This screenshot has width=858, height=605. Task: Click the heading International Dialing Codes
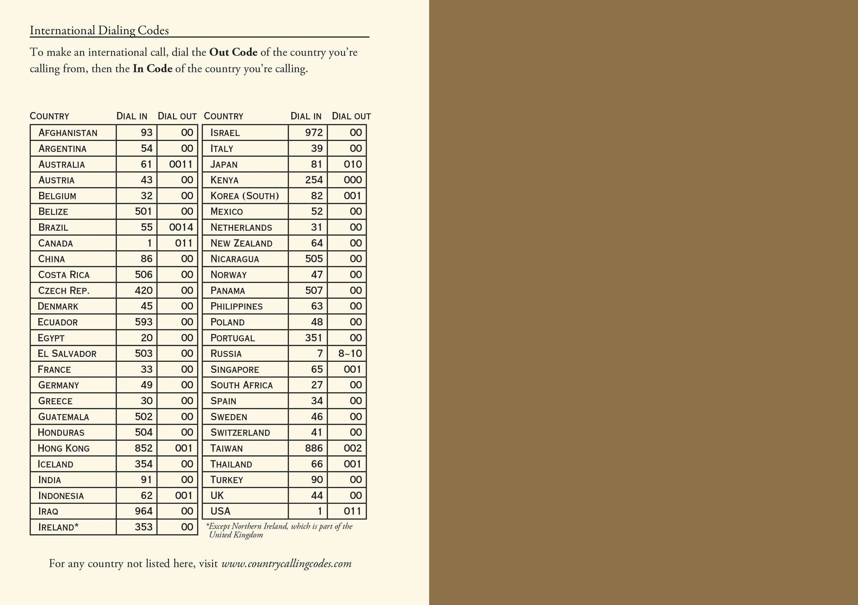coord(99,30)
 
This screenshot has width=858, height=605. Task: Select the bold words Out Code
coord(233,53)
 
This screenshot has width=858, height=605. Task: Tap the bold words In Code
coord(152,69)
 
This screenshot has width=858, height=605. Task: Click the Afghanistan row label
coord(68,133)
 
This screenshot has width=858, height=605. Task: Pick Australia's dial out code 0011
coord(181,164)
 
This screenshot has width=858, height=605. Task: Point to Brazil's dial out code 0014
coord(181,227)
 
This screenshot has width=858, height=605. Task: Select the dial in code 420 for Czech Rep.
coord(144,290)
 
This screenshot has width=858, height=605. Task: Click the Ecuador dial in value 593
coord(144,322)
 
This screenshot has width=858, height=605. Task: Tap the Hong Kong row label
coord(63,448)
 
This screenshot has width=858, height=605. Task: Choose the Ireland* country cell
coord(58,527)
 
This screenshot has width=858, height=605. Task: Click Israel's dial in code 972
coord(314,133)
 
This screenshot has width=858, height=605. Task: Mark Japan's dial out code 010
coord(353,164)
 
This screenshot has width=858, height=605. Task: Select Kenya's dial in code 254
coord(314,180)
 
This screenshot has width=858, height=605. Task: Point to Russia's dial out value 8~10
coord(350,353)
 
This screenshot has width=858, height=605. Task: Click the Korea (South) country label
coord(245,196)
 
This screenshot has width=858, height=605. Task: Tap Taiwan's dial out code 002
coord(353,448)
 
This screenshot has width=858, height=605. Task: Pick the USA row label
coord(220,511)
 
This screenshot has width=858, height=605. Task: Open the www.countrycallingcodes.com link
coord(286,564)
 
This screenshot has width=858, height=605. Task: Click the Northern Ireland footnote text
coord(280,530)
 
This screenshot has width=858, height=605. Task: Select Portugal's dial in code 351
coord(314,338)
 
